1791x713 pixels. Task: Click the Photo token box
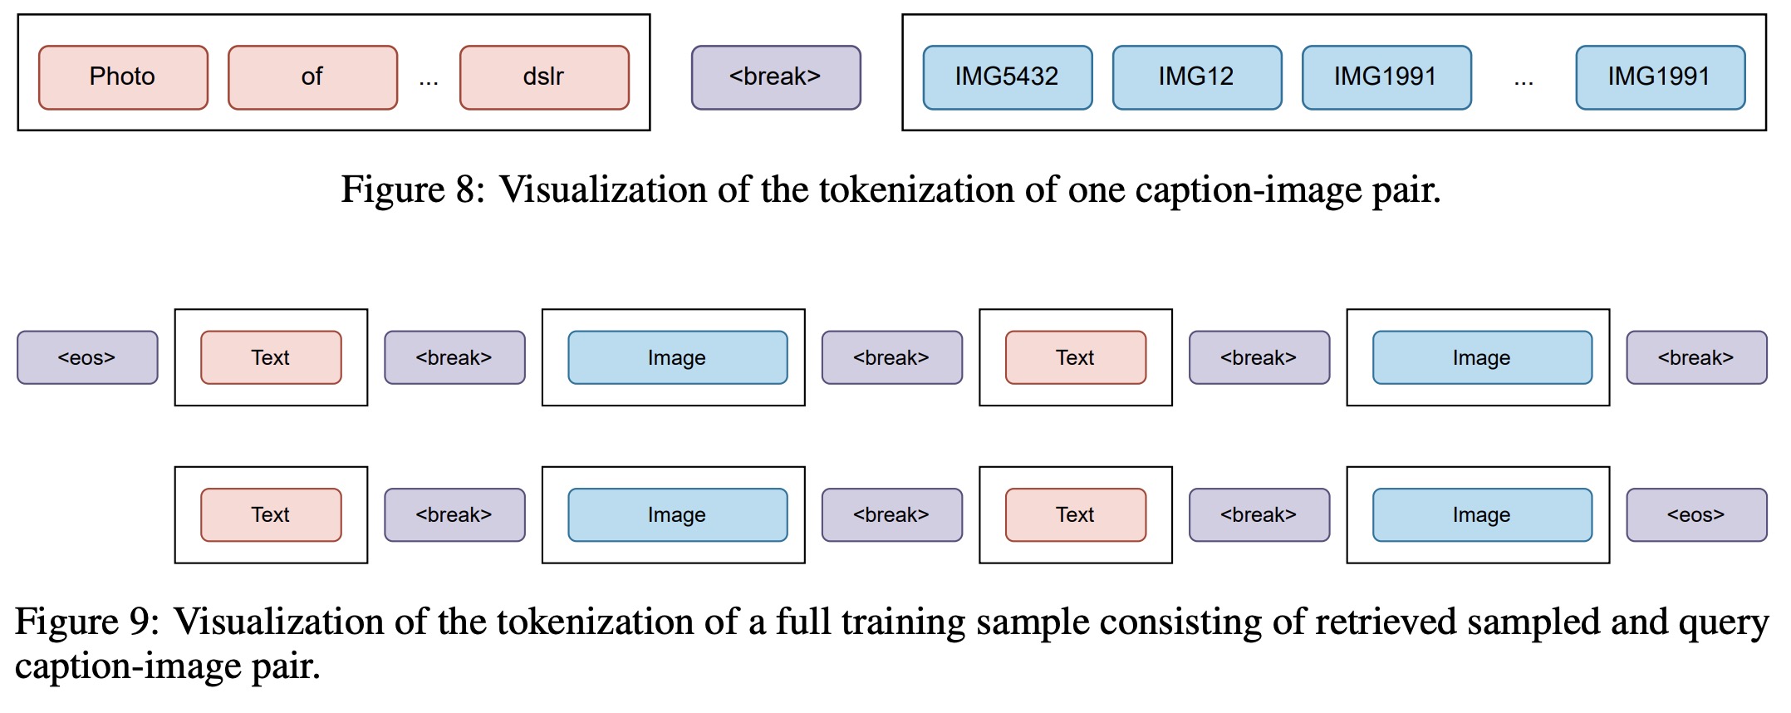[123, 77]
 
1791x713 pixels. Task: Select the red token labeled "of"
[312, 77]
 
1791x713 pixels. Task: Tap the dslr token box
[544, 77]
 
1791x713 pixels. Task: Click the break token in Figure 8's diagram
[776, 77]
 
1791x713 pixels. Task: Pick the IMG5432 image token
[1007, 77]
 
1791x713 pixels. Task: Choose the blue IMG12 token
[1196, 77]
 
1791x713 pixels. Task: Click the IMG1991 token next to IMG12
[1386, 77]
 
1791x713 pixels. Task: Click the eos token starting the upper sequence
[87, 357]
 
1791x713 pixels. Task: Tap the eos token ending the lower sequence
[1695, 514]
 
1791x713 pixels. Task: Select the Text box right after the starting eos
[271, 357]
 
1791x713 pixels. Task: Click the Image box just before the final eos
[1482, 514]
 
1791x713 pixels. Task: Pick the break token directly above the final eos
[1695, 357]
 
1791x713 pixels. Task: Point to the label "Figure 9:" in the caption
[86, 622]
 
